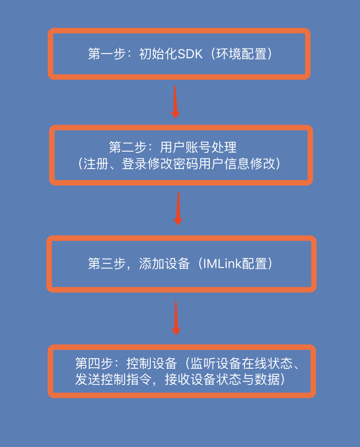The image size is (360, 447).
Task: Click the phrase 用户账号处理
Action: (x=198, y=147)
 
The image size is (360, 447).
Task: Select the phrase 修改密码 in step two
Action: (x=181, y=164)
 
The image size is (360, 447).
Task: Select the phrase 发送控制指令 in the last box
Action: (x=113, y=380)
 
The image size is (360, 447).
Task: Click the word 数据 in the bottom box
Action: (x=266, y=380)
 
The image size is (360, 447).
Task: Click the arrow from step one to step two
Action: (x=175, y=102)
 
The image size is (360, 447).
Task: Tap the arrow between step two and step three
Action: (x=178, y=208)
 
